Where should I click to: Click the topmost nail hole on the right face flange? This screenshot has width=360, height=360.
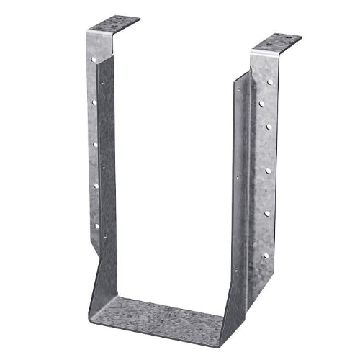coord(269,84)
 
